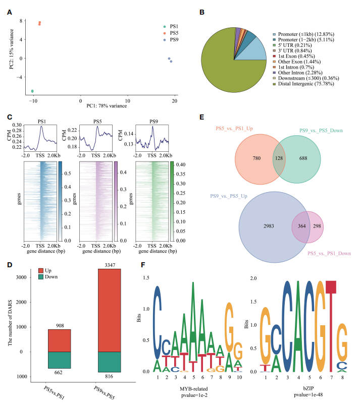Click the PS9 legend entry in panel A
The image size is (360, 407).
174,39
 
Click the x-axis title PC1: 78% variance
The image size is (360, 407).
104,106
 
